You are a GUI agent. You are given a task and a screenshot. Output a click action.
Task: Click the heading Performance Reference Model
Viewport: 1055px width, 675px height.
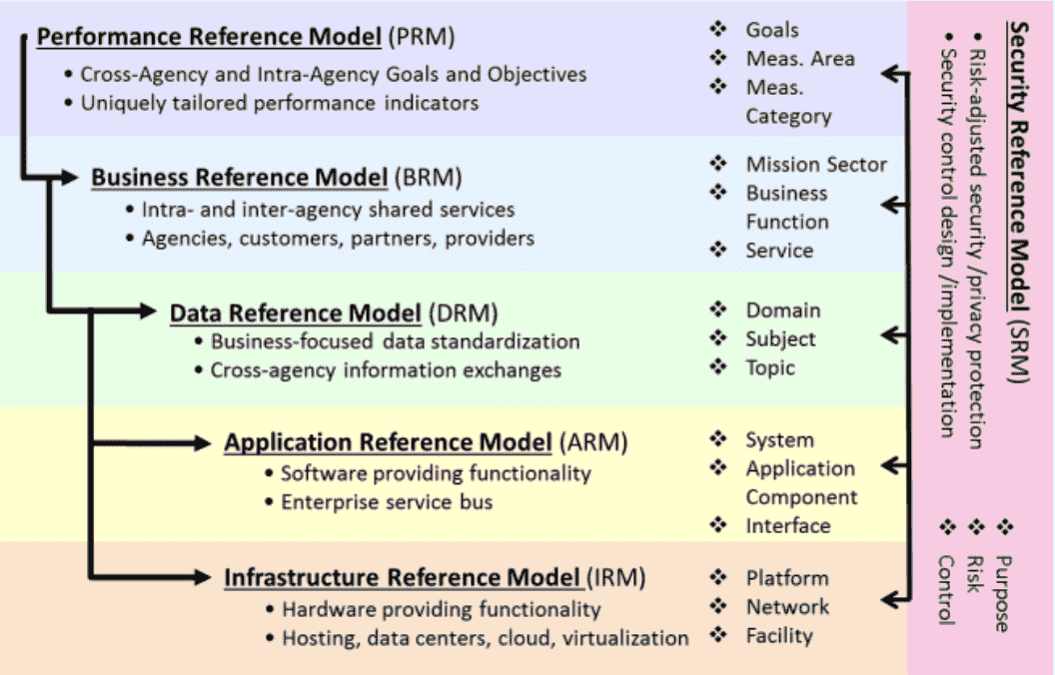tap(209, 38)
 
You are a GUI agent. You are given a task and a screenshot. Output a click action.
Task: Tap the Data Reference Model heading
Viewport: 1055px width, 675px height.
tap(295, 313)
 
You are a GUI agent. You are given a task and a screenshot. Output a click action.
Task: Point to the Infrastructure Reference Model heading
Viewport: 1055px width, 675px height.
tap(403, 577)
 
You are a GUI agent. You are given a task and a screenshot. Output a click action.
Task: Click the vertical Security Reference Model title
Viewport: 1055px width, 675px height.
tap(1020, 200)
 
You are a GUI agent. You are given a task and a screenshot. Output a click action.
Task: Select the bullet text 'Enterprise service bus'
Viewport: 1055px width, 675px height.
tap(387, 501)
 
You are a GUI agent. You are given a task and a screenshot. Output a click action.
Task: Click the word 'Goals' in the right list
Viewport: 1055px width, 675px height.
tap(772, 30)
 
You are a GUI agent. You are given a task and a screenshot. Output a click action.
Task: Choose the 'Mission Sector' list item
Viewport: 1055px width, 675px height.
tap(815, 164)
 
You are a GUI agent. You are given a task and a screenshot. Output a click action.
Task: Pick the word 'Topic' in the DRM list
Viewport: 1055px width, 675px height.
tap(770, 367)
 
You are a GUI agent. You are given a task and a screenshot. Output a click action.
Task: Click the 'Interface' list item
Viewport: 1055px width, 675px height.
tap(787, 525)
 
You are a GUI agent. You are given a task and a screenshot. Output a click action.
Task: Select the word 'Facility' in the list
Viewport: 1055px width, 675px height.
tap(779, 635)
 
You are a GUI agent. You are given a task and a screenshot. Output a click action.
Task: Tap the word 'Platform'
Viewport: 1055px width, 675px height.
tap(786, 577)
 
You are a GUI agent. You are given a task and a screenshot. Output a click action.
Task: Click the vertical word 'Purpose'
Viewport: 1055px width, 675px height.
tap(1002, 593)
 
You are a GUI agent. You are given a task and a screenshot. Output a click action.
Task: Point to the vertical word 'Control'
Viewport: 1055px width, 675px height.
tap(944, 590)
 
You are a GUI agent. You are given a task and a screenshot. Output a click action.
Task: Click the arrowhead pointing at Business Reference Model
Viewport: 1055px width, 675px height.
tap(70, 178)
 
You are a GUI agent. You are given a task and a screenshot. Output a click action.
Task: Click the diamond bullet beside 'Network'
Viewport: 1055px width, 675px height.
tap(718, 606)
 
